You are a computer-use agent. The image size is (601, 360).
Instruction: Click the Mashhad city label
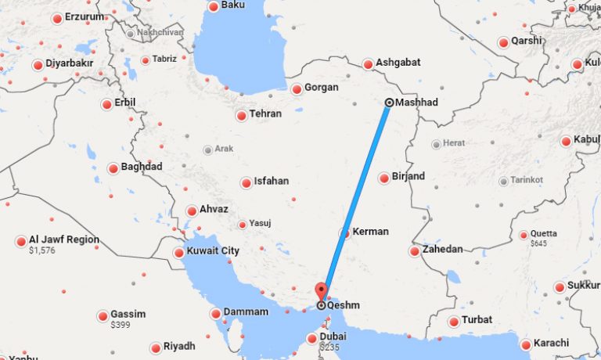[417, 103]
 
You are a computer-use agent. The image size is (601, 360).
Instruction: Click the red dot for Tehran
[241, 116]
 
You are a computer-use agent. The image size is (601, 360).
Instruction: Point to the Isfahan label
[270, 181]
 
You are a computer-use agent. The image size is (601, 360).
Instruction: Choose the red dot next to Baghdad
[113, 168]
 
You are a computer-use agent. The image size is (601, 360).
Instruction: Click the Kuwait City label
[213, 251]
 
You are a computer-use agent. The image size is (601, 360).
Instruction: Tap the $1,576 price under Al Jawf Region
[43, 251]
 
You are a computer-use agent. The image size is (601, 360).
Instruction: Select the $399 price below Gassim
[120, 324]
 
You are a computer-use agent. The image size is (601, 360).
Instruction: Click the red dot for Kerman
[344, 233]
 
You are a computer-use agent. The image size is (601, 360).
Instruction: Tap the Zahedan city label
[442, 250]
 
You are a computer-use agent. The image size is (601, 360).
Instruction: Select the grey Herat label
[454, 143]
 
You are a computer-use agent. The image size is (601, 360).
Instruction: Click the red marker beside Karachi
[526, 344]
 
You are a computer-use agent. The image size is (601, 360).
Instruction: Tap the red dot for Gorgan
[297, 89]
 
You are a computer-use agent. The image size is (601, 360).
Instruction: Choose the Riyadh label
[179, 346]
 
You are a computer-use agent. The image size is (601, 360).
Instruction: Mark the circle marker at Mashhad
[390, 103]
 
